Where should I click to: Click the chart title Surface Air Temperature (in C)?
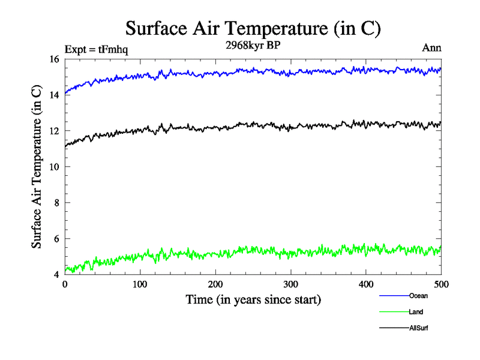pos(253,28)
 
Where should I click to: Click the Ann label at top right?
pos(432,49)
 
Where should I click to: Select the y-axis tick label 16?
pos(53,59)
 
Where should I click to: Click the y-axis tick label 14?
pos(53,95)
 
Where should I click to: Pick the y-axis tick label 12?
pos(53,131)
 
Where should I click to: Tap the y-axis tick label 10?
pos(53,167)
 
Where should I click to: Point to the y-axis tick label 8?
pos(56,203)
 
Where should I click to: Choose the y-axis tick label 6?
pos(56,239)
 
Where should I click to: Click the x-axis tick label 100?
pos(140,284)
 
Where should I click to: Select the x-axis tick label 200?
pos(215,284)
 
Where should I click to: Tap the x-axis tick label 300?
pos(291,284)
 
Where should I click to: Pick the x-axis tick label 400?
pos(366,284)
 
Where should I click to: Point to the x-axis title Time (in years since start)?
pos(253,299)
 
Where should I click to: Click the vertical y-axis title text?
pos(37,167)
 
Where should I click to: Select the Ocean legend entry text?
pos(418,295)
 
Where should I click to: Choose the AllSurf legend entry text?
pos(419,328)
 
